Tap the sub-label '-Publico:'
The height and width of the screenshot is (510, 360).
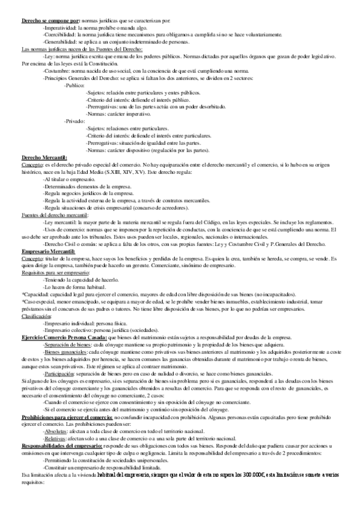[75, 86]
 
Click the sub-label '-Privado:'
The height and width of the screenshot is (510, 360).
[75, 121]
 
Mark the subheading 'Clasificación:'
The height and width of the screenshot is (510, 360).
[37, 315]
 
